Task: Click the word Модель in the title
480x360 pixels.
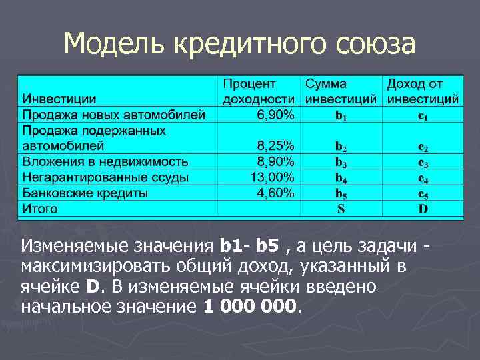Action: click(x=114, y=45)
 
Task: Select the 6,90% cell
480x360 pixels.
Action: click(x=275, y=115)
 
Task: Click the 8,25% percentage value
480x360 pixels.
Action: click(x=275, y=146)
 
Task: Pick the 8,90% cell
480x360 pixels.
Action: click(x=275, y=162)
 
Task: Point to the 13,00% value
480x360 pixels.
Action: click(x=272, y=177)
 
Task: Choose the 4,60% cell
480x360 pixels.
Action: click(x=275, y=193)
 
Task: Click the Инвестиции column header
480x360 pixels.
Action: click(x=59, y=100)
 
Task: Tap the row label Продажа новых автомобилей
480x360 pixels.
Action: click(x=114, y=115)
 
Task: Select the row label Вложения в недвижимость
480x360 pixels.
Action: click(x=105, y=162)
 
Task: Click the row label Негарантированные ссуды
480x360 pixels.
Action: click(x=105, y=178)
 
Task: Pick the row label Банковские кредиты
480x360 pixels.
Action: click(x=85, y=193)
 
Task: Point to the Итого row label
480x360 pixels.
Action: click(x=40, y=209)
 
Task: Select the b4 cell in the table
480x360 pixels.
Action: click(x=341, y=179)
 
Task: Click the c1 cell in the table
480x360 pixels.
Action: click(x=423, y=117)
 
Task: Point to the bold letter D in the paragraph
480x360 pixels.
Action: click(x=93, y=287)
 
